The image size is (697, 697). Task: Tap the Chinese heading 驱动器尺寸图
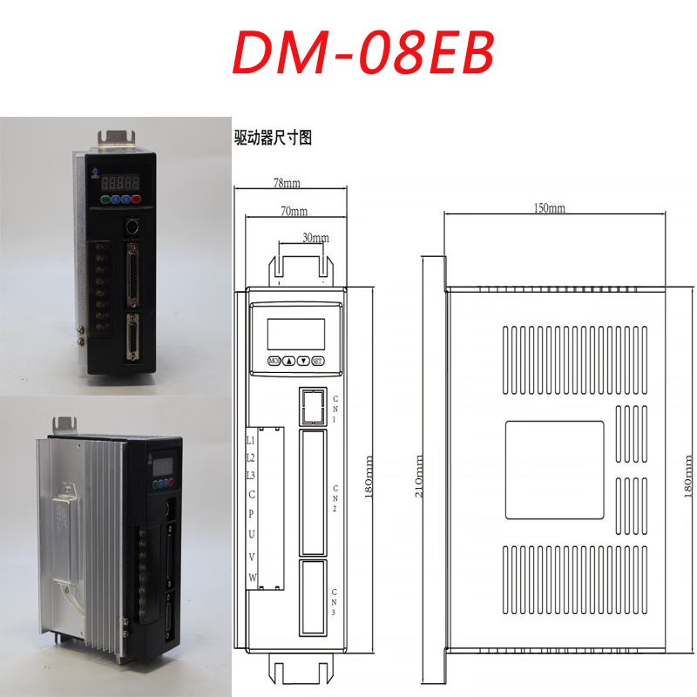(x=273, y=137)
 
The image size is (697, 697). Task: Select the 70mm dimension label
(x=294, y=212)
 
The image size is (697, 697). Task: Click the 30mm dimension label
(x=315, y=237)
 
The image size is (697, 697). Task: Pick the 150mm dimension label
(x=550, y=208)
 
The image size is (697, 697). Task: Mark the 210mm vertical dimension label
(x=421, y=477)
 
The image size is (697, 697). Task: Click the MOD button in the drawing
(x=274, y=361)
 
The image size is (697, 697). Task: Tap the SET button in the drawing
(x=317, y=361)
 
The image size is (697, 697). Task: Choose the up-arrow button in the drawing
(x=288, y=361)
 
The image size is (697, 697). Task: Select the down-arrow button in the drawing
(x=302, y=361)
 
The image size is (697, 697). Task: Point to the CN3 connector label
(x=335, y=602)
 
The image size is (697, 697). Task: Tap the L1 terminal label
(x=251, y=440)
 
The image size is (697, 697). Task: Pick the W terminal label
(x=252, y=578)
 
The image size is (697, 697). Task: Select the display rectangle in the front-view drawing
(x=295, y=334)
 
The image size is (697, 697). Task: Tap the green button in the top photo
(x=105, y=200)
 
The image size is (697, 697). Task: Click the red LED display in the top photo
(x=118, y=183)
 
